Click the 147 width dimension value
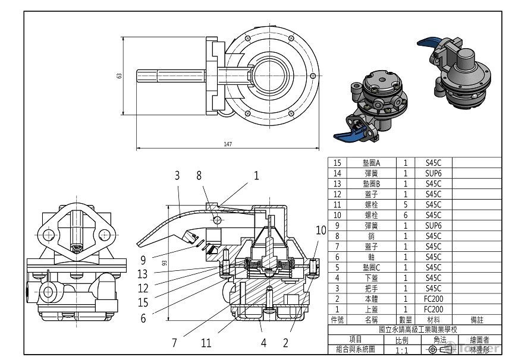(x=227, y=144)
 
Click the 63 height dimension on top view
(x=119, y=75)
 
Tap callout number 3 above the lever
(x=177, y=175)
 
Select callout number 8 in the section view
(x=199, y=175)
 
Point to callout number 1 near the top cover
(x=257, y=175)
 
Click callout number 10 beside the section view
(x=321, y=230)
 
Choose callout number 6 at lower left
(x=144, y=318)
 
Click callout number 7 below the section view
(x=174, y=342)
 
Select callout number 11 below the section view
(x=206, y=342)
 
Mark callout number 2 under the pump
(x=285, y=342)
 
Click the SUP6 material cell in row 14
(x=433, y=173)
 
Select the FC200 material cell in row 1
(x=433, y=309)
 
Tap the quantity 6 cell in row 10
(x=406, y=214)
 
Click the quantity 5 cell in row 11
(x=406, y=204)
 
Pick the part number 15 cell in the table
(x=338, y=163)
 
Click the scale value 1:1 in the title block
(x=402, y=350)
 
